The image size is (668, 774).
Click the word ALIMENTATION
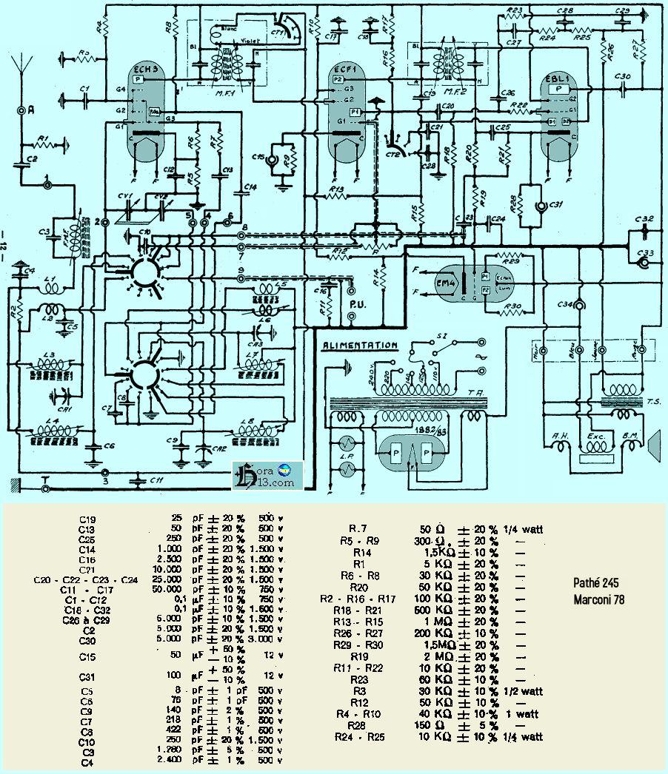coord(360,345)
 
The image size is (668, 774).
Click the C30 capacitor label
coord(622,77)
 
